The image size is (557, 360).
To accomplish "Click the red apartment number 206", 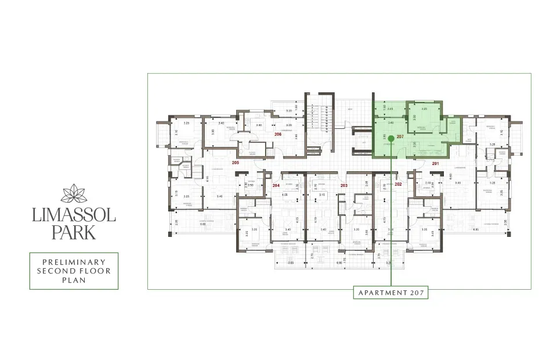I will [278, 134].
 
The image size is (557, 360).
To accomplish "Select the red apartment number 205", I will [235, 163].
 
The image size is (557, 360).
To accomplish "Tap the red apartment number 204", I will [276, 185].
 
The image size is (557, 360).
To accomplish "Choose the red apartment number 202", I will [398, 184].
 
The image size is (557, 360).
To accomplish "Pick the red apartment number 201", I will [436, 163].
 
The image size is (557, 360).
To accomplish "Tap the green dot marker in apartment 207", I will [391, 138].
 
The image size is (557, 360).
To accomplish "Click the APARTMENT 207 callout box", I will [391, 293].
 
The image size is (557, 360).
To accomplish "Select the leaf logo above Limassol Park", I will [74, 192].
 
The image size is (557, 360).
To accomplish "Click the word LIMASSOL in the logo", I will [74, 216].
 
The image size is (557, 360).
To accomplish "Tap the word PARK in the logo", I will [74, 233].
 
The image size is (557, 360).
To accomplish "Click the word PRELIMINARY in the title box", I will [74, 262].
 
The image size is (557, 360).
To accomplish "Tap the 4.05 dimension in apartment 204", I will [285, 195].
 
